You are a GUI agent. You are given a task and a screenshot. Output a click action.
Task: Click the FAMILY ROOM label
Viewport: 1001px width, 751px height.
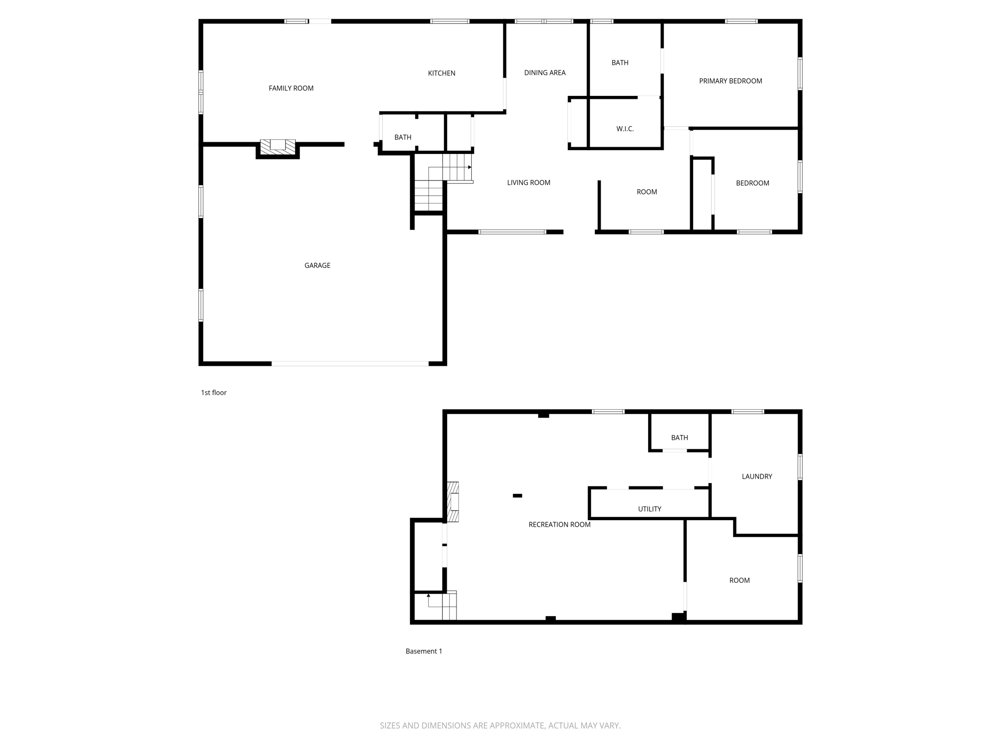pyautogui.click(x=291, y=88)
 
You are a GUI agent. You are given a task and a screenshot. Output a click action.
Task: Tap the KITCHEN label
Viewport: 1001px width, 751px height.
pyautogui.click(x=441, y=73)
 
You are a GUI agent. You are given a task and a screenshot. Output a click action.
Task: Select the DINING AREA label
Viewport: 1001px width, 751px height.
pyautogui.click(x=544, y=72)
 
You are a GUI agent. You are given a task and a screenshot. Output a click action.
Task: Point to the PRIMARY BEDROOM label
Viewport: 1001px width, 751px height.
pyautogui.click(x=730, y=81)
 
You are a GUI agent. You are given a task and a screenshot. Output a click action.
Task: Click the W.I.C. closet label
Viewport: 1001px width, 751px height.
pyautogui.click(x=625, y=129)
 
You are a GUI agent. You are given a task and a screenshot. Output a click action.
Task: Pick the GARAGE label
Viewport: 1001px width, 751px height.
pyautogui.click(x=317, y=265)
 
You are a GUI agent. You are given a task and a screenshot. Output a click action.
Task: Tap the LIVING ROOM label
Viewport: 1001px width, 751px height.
pyautogui.click(x=528, y=182)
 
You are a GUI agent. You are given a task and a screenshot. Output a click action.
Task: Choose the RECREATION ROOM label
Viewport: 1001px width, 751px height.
pyautogui.click(x=559, y=524)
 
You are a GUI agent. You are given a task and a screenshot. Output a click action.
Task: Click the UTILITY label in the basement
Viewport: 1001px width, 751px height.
pyautogui.click(x=649, y=508)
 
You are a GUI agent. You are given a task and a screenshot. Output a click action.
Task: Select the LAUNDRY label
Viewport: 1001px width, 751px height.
pyautogui.click(x=757, y=476)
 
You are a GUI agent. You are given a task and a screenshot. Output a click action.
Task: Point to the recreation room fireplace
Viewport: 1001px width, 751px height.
pyautogui.click(x=453, y=502)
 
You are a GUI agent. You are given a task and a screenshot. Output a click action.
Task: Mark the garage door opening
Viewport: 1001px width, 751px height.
pyautogui.click(x=350, y=363)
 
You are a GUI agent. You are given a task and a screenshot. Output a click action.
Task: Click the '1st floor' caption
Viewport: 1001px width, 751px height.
pyautogui.click(x=214, y=392)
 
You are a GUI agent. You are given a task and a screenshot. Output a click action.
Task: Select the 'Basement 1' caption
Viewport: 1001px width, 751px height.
pyautogui.click(x=424, y=651)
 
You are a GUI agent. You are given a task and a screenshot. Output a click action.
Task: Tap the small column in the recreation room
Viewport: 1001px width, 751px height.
pyautogui.click(x=517, y=496)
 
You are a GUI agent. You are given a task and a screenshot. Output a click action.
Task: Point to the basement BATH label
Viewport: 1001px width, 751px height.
pyautogui.click(x=679, y=438)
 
